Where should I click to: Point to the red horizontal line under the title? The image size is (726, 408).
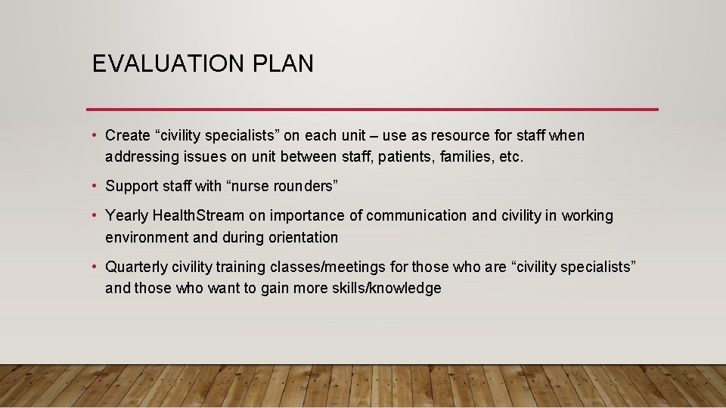point(372,110)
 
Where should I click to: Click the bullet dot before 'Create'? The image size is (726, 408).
point(95,136)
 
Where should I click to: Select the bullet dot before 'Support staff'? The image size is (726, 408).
point(95,186)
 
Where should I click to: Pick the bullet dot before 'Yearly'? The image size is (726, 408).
point(95,216)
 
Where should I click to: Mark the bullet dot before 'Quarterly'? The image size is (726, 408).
point(95,267)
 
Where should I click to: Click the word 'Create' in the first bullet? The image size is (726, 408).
point(128,136)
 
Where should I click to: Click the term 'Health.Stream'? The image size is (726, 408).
point(198,216)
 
